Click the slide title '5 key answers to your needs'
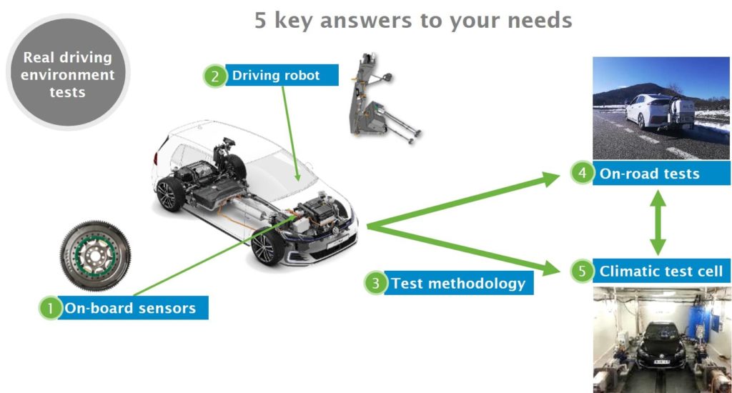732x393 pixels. point(413,21)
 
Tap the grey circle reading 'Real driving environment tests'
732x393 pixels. point(68,72)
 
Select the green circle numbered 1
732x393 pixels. point(51,308)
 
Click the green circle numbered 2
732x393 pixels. point(214,76)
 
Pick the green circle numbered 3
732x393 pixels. point(375,283)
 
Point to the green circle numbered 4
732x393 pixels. point(582,173)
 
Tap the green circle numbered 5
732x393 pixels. point(582,271)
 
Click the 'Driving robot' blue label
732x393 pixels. point(282,75)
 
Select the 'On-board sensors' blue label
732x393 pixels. point(134,307)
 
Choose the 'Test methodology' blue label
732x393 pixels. point(459,283)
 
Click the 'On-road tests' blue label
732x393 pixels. point(661,173)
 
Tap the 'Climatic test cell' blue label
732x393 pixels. point(661,271)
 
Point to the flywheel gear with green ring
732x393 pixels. point(96,256)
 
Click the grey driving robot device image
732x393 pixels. point(380,99)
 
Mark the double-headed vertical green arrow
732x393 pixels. point(658,222)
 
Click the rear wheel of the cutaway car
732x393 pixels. point(169,194)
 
